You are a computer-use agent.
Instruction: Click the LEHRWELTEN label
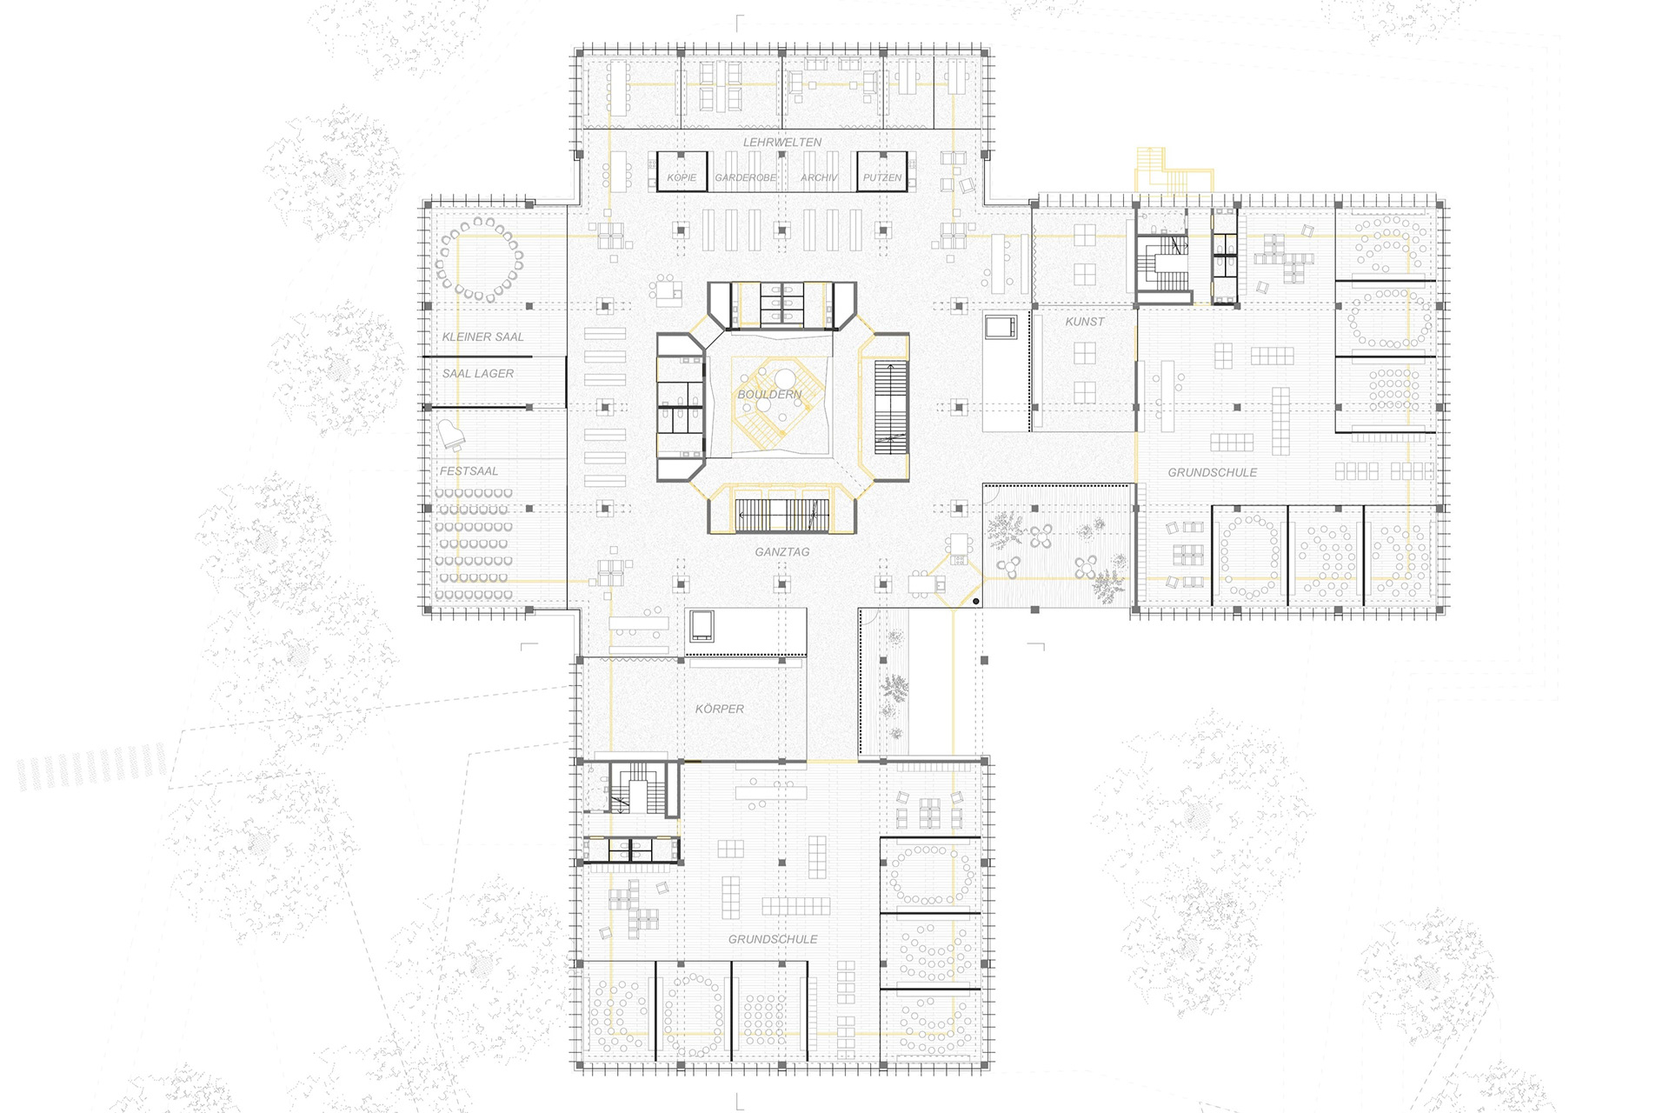(781, 142)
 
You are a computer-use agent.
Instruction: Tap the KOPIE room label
(682, 177)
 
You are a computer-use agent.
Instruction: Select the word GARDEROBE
(746, 177)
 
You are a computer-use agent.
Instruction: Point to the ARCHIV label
(819, 177)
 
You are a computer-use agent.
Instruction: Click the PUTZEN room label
(882, 177)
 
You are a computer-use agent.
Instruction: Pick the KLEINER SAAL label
(482, 337)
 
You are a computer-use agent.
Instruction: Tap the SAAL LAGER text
(478, 373)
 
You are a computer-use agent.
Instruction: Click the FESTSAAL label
(469, 470)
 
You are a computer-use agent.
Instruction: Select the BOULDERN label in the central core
(769, 394)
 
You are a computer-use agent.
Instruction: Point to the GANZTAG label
(782, 551)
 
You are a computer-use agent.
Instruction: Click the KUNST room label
(1085, 321)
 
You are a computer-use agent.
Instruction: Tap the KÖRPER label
(720, 709)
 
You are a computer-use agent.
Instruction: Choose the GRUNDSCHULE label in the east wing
(1212, 472)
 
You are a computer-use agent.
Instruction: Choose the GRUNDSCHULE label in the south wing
(773, 939)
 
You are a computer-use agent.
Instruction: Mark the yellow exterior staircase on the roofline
(1165, 171)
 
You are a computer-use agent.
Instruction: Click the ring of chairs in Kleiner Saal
(481, 259)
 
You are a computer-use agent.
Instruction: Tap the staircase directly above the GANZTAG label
(781, 515)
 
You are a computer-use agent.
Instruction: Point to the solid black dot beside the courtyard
(976, 601)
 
